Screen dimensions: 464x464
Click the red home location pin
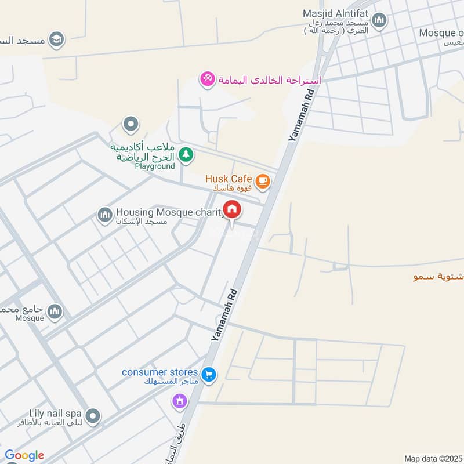[x=233, y=209]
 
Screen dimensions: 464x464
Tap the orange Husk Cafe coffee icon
[x=263, y=182]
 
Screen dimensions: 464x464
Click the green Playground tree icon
[x=186, y=154]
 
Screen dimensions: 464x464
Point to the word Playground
[x=155, y=166]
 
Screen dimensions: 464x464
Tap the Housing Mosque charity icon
[x=105, y=216]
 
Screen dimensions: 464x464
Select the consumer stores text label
[x=160, y=372]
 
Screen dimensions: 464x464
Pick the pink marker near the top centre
[x=206, y=79]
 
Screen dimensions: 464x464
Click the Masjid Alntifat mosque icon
[x=380, y=21]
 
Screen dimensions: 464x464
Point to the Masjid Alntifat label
[x=336, y=13]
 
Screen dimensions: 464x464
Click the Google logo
[x=24, y=455]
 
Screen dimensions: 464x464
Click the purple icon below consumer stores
[x=180, y=401]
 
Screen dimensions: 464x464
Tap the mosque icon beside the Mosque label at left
[x=55, y=311]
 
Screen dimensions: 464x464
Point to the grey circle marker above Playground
[x=131, y=124]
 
